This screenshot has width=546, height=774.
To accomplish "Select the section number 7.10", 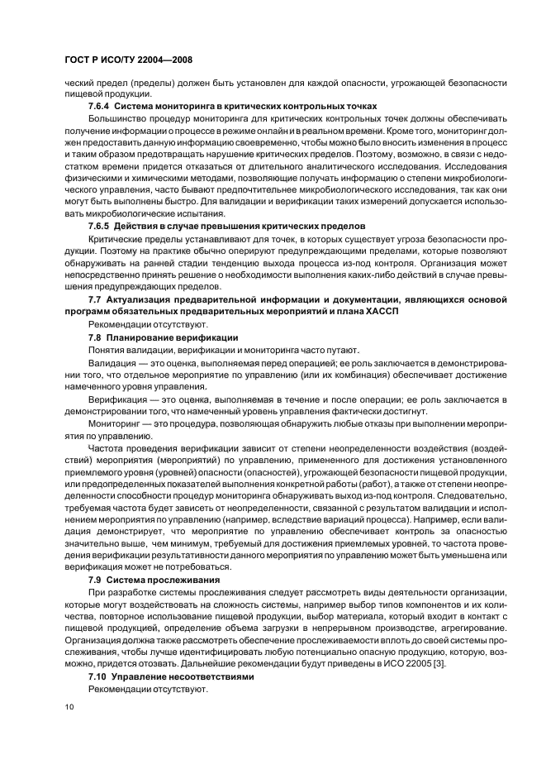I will point(100,676).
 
